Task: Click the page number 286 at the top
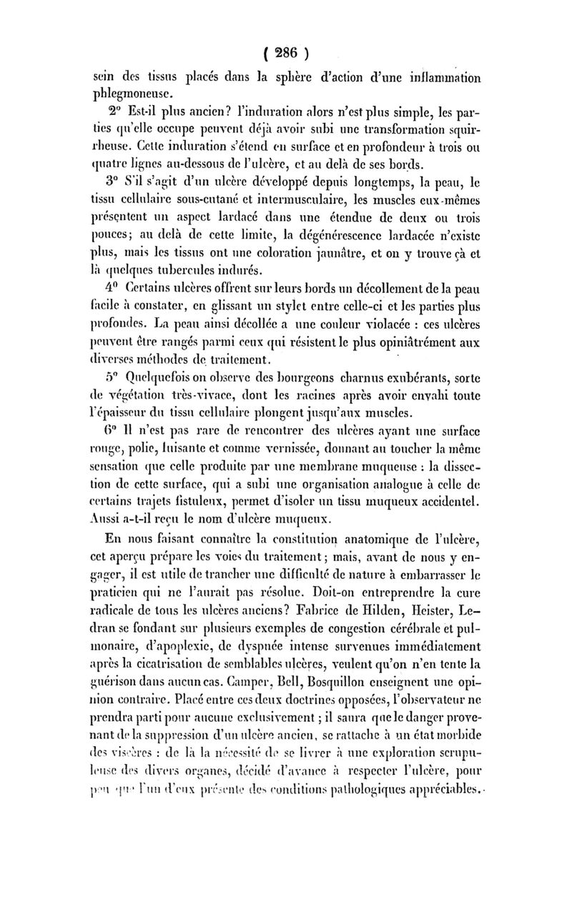click(x=286, y=53)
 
